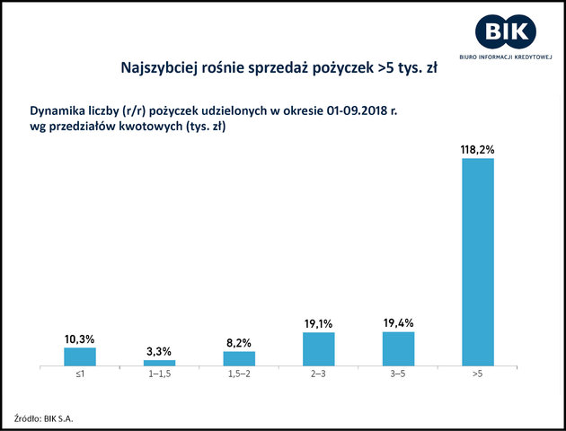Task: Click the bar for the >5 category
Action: (x=477, y=263)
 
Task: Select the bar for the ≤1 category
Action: (x=79, y=356)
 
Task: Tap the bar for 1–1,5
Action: (x=159, y=363)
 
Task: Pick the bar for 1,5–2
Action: (x=239, y=358)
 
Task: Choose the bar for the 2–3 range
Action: (x=318, y=349)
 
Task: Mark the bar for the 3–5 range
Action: (x=398, y=348)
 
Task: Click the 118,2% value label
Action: (x=477, y=150)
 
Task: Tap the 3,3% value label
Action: (x=159, y=350)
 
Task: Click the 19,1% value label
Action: (x=318, y=322)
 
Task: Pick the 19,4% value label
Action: (x=398, y=321)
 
